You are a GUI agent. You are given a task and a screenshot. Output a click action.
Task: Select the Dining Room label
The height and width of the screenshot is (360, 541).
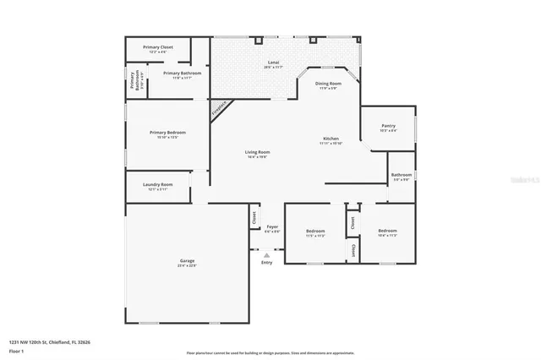[328, 84]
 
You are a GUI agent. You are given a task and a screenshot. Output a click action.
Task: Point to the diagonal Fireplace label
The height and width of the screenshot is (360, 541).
[219, 110]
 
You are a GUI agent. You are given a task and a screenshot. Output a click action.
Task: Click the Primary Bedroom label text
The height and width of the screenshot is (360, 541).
[167, 133]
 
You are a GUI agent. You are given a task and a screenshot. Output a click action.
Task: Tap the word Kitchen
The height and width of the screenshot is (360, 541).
[331, 139]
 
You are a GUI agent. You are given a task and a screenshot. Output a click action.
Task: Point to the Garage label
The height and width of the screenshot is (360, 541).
[187, 260]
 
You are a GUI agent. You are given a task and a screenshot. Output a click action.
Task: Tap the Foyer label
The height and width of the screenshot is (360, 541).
[272, 226]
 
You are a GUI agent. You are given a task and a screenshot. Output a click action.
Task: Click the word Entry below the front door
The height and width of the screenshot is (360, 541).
[267, 263]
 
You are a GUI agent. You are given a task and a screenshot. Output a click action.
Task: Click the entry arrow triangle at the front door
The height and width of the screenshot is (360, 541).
[267, 254]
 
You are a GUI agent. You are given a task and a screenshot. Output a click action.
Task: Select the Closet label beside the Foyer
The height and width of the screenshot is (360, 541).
[254, 216]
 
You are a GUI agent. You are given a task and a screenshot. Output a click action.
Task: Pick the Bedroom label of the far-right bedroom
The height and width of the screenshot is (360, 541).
[387, 231]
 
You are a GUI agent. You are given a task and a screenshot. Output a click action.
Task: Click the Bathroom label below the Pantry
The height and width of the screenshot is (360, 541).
[401, 175]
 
